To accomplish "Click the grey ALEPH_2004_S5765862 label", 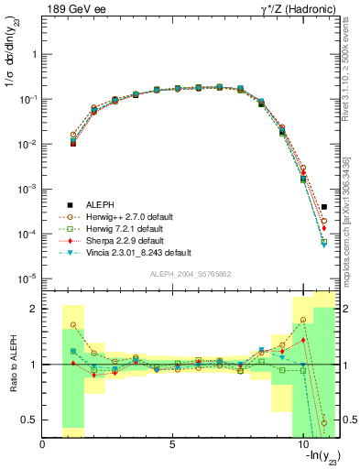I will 190,275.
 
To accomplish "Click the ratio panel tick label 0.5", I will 28,420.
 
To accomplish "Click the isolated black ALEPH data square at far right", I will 324,207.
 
